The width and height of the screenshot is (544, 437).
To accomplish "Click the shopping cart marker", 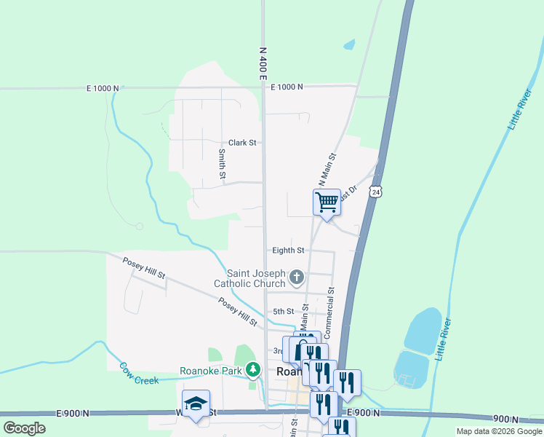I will pyautogui.click(x=327, y=202).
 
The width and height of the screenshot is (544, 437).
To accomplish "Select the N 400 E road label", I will pyautogui.click(x=263, y=64).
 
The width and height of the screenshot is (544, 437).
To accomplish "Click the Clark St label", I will pyautogui.click(x=242, y=143).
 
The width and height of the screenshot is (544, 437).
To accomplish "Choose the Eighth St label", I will pyautogui.click(x=288, y=250).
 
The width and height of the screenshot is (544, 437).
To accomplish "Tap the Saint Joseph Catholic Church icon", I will pyautogui.click(x=296, y=277).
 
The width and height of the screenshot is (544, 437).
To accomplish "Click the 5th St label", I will pyautogui.click(x=283, y=311).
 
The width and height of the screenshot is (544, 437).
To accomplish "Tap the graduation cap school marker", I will pyautogui.click(x=196, y=404).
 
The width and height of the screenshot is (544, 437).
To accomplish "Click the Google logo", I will pyautogui.click(x=24, y=428).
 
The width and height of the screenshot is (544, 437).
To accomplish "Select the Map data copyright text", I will pyautogui.click(x=499, y=431).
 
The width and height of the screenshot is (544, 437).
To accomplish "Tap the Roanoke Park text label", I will pyautogui.click(x=210, y=371).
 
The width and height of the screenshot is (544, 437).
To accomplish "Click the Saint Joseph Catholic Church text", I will pyautogui.click(x=249, y=278).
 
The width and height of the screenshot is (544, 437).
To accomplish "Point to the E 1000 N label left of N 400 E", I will pyautogui.click(x=102, y=88).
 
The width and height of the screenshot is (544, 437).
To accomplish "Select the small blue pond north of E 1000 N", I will pyautogui.click(x=349, y=44).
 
